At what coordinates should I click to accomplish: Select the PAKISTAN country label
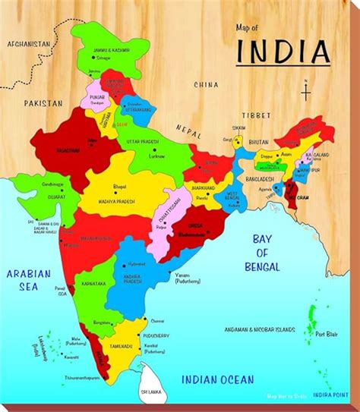(x=41, y=101)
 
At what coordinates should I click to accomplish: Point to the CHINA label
(x=206, y=84)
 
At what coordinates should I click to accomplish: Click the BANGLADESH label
(x=259, y=180)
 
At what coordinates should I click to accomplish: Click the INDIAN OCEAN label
(x=216, y=376)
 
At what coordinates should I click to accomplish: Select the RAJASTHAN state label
(x=48, y=151)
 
